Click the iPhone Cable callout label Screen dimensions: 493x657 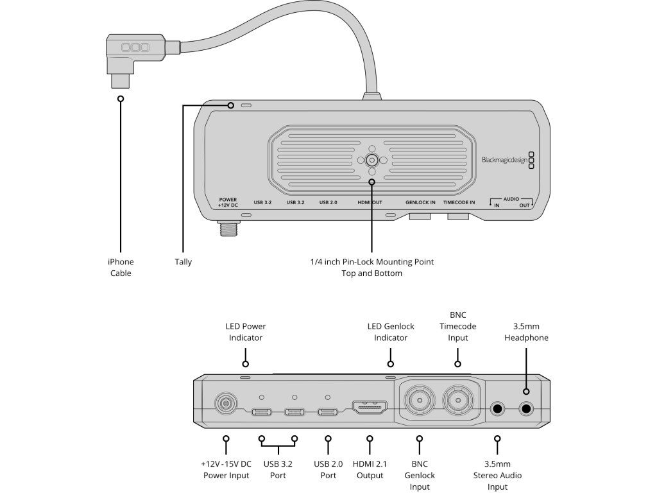121,267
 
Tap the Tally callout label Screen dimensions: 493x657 183,261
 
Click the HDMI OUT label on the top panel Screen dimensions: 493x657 370,202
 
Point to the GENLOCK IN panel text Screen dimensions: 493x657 420,202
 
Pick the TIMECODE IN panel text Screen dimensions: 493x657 459,202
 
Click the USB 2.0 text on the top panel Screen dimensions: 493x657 328,202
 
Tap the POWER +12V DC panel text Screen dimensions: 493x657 228,202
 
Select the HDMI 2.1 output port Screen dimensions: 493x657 369,408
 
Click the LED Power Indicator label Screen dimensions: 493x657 246,332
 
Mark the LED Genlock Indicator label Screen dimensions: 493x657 391,332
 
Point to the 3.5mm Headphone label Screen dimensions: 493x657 526,332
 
